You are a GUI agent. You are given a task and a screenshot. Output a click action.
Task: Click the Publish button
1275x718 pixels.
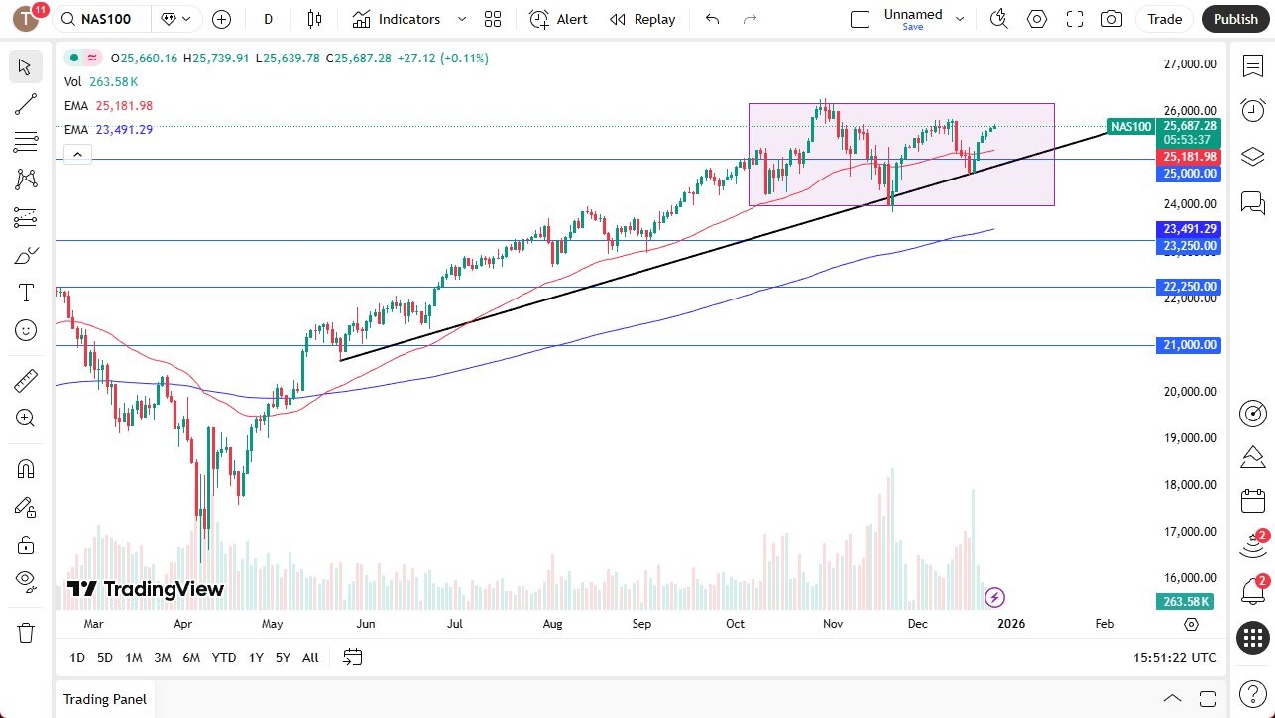1235,19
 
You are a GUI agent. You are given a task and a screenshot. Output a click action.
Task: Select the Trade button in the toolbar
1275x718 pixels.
1164,19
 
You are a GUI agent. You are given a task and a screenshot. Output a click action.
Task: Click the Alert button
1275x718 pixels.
558,19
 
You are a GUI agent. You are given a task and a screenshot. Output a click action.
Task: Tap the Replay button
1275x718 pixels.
642,19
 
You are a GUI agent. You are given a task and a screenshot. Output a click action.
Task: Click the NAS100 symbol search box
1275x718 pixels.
103,19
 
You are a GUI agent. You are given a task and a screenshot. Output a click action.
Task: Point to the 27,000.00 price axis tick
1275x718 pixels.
1189,64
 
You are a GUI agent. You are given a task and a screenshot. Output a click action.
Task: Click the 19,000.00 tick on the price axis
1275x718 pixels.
1189,438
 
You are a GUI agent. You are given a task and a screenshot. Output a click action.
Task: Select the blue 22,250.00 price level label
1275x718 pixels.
1190,287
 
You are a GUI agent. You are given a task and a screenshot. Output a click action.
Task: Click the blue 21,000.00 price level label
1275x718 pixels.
1190,345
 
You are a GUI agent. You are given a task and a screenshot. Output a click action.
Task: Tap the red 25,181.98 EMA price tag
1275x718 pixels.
1190,157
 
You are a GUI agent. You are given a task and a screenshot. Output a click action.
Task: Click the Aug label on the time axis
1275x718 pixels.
552,624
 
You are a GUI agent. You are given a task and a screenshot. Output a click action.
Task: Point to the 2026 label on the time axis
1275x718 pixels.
1010,624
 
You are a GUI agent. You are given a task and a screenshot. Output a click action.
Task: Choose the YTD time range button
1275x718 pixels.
224,658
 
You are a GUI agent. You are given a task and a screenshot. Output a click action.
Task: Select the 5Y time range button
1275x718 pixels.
283,658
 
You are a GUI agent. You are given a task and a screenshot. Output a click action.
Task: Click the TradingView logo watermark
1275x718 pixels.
146,589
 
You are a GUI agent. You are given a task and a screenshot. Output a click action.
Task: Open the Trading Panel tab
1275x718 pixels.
104,699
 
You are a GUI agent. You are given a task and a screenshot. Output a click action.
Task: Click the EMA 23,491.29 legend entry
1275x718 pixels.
109,129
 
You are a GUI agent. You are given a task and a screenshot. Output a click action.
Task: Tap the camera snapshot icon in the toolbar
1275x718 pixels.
1112,19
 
